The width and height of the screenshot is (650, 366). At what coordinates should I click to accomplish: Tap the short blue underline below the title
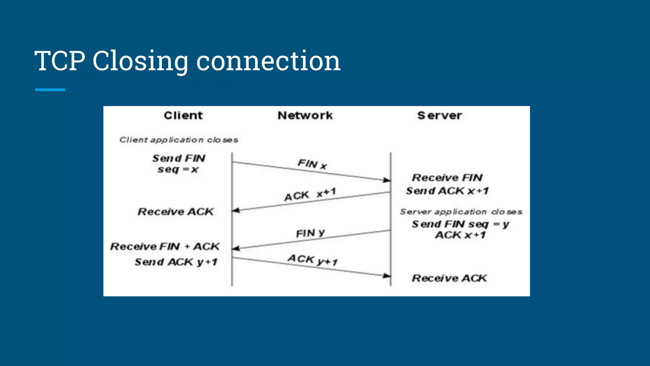click(x=50, y=90)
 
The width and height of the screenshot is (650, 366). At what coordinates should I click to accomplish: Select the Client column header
click(x=183, y=115)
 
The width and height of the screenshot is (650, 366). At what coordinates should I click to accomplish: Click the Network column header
click(x=305, y=115)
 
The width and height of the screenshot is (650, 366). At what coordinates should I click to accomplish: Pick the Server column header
click(x=440, y=115)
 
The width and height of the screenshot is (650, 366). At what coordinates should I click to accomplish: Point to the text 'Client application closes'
click(x=179, y=140)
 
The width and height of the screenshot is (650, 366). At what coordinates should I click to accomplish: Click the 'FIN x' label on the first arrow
click(x=312, y=164)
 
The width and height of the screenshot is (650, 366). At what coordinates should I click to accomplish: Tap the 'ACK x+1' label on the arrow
click(x=310, y=194)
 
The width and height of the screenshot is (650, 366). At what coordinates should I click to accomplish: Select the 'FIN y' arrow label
click(x=310, y=233)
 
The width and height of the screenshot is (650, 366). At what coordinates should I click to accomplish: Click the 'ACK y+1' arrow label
click(x=312, y=260)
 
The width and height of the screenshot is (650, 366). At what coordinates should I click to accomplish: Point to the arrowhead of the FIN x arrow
click(x=387, y=180)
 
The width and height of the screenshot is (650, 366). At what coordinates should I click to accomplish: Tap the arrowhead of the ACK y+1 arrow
click(x=387, y=275)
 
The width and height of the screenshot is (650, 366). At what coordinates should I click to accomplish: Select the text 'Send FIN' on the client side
click(x=179, y=158)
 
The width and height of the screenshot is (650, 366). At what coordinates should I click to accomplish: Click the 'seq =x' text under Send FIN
click(x=178, y=169)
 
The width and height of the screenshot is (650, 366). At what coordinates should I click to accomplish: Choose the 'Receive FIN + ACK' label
click(x=165, y=247)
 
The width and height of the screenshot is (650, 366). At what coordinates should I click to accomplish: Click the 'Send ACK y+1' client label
click(x=176, y=262)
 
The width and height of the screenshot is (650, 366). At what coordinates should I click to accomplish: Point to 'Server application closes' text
click(x=461, y=212)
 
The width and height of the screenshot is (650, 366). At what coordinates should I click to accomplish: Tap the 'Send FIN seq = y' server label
click(x=460, y=224)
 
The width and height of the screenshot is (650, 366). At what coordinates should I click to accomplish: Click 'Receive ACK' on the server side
click(x=449, y=278)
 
